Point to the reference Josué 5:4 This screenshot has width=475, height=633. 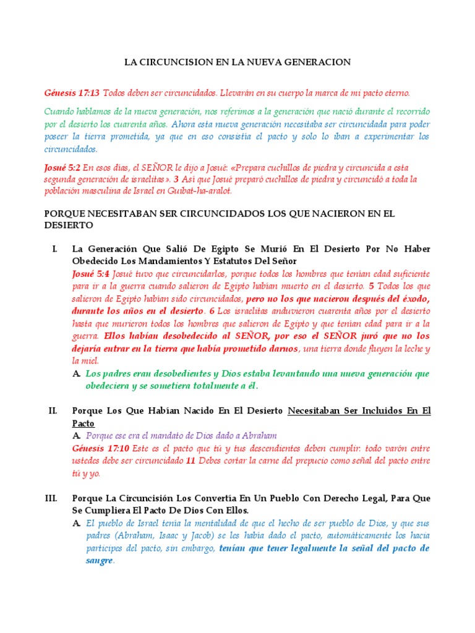click(x=92, y=273)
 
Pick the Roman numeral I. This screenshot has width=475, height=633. click(x=55, y=249)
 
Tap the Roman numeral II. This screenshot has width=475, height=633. click(x=53, y=410)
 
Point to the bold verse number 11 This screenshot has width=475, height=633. click(x=190, y=461)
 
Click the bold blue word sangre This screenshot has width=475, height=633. click(x=100, y=561)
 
